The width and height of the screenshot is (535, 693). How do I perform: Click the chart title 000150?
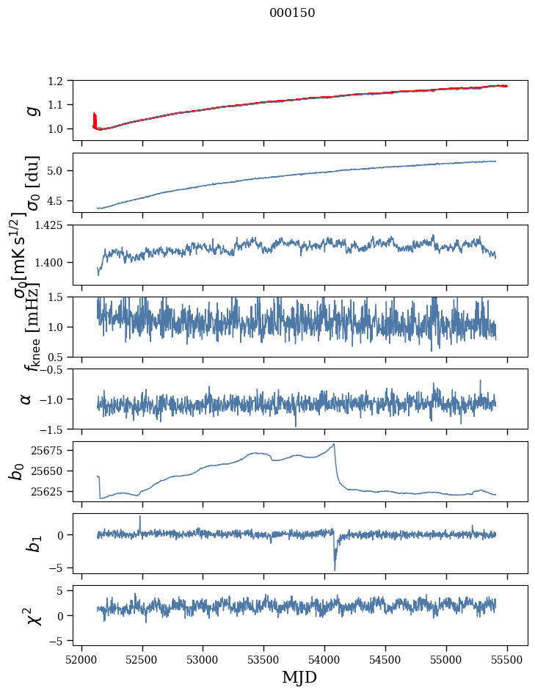click(x=292, y=12)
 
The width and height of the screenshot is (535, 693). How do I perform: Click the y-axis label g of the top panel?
click(x=31, y=110)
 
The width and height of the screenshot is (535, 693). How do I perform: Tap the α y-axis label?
click(x=26, y=399)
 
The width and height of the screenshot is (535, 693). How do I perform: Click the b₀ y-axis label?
click(x=16, y=471)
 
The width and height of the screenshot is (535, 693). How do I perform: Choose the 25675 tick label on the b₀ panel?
click(x=51, y=449)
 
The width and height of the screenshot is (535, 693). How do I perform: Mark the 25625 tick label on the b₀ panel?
click(x=51, y=491)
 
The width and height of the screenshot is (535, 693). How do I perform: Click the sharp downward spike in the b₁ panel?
click(x=335, y=568)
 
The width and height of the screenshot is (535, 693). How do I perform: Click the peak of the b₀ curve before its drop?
click(x=334, y=444)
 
